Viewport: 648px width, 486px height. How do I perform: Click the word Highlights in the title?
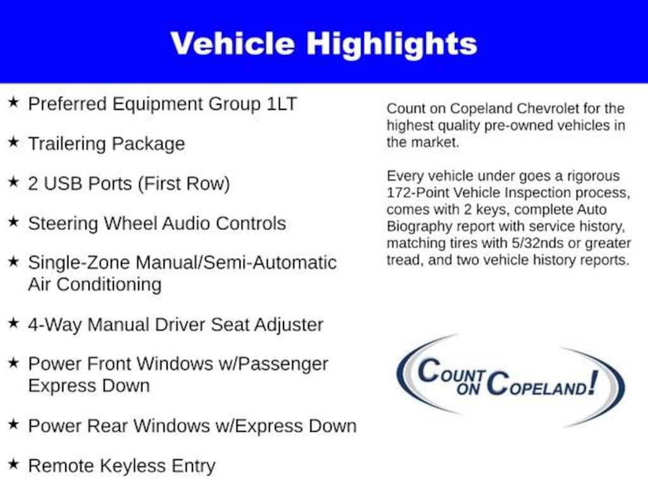(392, 44)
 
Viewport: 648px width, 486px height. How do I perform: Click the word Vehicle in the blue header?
(232, 44)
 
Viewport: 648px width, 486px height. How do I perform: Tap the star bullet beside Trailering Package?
(13, 142)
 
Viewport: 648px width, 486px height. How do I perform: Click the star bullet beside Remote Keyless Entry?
(13, 465)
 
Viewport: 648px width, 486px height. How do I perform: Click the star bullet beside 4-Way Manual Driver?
(13, 323)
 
